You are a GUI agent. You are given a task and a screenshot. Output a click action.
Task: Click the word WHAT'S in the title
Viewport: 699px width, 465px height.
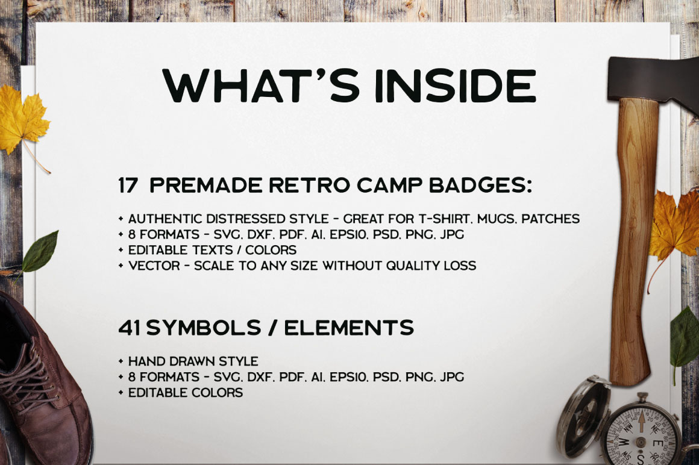(261, 86)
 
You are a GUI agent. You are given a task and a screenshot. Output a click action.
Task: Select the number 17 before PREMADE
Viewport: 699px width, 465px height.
(128, 186)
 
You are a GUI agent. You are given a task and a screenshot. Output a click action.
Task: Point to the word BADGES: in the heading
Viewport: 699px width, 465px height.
(481, 186)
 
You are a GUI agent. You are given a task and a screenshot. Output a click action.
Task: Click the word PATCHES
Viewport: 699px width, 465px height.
(551, 219)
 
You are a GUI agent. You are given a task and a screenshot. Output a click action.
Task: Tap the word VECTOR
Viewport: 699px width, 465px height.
(154, 266)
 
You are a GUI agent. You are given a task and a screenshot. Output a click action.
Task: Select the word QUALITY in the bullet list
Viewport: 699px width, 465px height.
(412, 266)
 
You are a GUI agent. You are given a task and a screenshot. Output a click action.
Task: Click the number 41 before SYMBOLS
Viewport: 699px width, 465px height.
(130, 328)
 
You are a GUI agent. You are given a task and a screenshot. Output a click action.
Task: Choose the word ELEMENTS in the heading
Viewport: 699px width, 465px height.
(349, 328)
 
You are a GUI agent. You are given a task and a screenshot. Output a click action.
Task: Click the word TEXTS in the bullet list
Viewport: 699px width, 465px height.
(210, 250)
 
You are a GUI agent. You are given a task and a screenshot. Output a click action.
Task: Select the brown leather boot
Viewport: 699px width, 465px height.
(42, 383)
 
